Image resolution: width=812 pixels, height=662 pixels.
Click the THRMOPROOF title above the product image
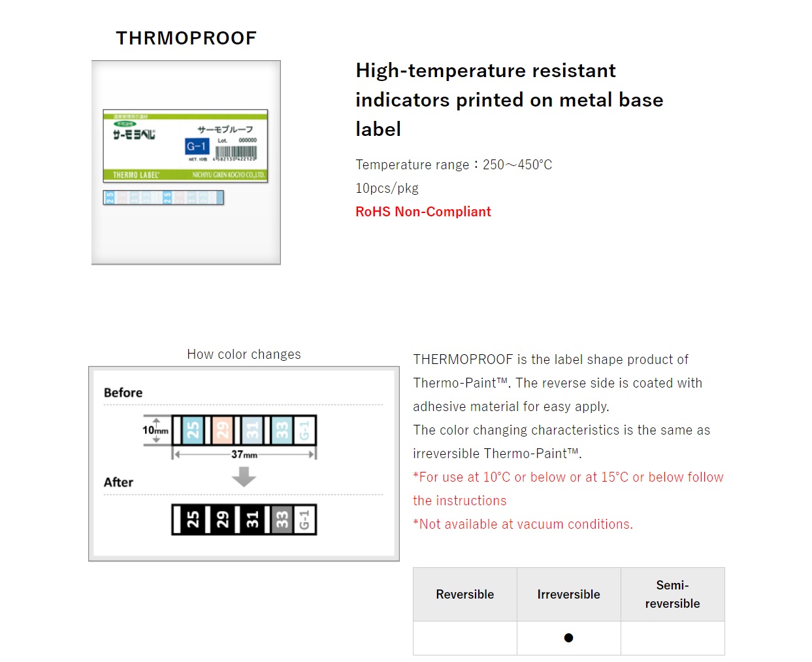point(186,39)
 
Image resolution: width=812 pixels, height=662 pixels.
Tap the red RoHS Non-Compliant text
point(423,212)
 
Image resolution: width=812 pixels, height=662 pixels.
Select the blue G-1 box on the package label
point(197,146)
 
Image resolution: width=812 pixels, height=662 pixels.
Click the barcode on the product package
point(236,152)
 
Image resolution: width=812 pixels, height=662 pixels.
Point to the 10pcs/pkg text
point(387,188)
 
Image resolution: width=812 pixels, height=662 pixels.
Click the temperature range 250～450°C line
point(453,165)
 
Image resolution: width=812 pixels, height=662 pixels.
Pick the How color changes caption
point(244,354)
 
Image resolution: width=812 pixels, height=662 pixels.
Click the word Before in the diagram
point(123,393)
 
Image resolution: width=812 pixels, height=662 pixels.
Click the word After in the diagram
point(118,482)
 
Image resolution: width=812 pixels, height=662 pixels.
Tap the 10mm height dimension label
point(155,430)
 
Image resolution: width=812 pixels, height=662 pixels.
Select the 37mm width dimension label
point(244,454)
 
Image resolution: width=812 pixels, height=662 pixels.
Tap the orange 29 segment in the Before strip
point(223,430)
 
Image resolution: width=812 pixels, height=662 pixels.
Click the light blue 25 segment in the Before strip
point(193,430)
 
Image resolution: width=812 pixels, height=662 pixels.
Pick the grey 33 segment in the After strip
point(282,520)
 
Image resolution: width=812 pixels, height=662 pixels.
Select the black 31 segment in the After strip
point(252,520)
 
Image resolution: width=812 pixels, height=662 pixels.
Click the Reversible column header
point(464,594)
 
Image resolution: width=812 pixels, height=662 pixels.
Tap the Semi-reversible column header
point(672,594)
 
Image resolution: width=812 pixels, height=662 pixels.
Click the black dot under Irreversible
point(568,638)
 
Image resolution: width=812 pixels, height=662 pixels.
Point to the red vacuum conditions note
point(523,524)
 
